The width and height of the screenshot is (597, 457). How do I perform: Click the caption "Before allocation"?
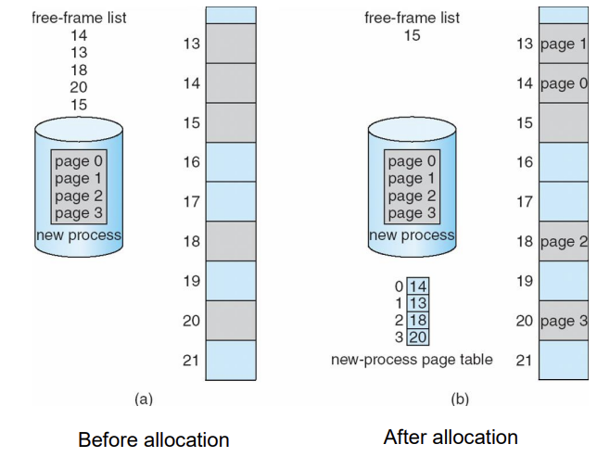click(153, 438)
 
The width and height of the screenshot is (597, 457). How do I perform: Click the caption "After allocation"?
click(451, 437)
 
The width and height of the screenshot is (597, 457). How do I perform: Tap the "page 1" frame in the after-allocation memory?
click(563, 44)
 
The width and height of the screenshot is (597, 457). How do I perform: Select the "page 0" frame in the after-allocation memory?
click(563, 83)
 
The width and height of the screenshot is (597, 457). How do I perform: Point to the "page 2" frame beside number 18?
click(563, 242)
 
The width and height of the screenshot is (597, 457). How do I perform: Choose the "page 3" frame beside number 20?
click(563, 321)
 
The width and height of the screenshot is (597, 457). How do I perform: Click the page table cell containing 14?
click(417, 286)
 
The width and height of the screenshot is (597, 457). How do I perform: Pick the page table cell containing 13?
click(417, 303)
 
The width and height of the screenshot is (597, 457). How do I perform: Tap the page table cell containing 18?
click(417, 320)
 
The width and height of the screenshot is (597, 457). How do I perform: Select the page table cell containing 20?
click(417, 336)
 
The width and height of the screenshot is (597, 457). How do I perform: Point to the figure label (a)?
click(144, 399)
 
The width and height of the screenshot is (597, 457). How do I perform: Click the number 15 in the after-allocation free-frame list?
click(412, 35)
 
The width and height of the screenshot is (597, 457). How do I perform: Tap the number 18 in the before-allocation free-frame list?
click(79, 70)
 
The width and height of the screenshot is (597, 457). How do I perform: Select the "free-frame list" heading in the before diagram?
click(79, 18)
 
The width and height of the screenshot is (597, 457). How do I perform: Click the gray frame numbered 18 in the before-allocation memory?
click(230, 241)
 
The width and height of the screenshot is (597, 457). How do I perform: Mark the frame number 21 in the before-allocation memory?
click(191, 361)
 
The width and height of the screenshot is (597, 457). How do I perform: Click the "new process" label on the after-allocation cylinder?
click(413, 235)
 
